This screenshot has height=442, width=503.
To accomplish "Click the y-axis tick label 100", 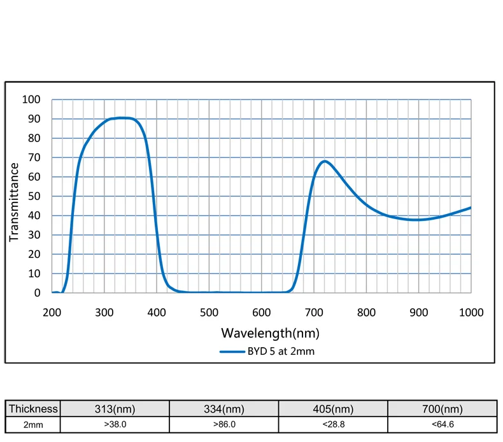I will pos(31,99).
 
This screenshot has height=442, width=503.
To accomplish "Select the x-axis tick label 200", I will pos(52,312).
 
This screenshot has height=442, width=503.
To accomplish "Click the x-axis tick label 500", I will pos(209,312).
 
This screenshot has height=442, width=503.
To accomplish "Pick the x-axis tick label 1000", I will pos(471,312).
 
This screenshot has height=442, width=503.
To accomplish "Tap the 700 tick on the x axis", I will pos(314,312).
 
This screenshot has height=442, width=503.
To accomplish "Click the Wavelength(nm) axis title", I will pos(270,332).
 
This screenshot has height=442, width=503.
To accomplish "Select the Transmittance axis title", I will pos(14,202).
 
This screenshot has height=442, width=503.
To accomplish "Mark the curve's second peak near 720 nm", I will pos(325,161).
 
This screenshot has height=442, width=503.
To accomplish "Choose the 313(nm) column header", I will pos(115,409).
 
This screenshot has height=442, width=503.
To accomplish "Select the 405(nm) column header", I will pos(334,409).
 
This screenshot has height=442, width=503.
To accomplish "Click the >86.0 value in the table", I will pos(225,424).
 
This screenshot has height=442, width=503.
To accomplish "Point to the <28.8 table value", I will pos(334,424).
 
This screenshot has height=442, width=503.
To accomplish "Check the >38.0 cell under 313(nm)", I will pos(115,424).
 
